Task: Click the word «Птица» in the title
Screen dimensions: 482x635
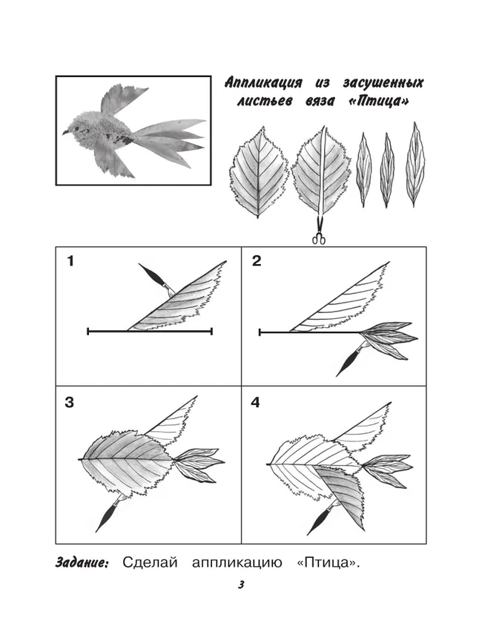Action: pyautogui.click(x=378, y=101)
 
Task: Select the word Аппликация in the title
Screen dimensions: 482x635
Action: pyautogui.click(x=263, y=83)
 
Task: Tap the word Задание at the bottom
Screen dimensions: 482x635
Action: pyautogui.click(x=82, y=563)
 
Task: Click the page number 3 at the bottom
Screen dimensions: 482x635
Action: pyautogui.click(x=241, y=585)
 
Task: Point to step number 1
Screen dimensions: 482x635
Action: pyautogui.click(x=71, y=261)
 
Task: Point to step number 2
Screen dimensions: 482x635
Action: pyautogui.click(x=257, y=261)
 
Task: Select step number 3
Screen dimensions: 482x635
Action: pyautogui.click(x=69, y=403)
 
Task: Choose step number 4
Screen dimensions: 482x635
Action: pyautogui.click(x=255, y=403)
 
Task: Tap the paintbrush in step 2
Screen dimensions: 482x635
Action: pyautogui.click(x=351, y=359)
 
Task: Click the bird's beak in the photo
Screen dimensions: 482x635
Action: pyautogui.click(x=65, y=132)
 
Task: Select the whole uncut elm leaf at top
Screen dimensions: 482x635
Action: pyautogui.click(x=259, y=172)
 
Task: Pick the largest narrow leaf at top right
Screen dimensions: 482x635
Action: pyautogui.click(x=415, y=165)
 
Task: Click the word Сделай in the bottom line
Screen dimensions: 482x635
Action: pyautogui.click(x=150, y=563)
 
